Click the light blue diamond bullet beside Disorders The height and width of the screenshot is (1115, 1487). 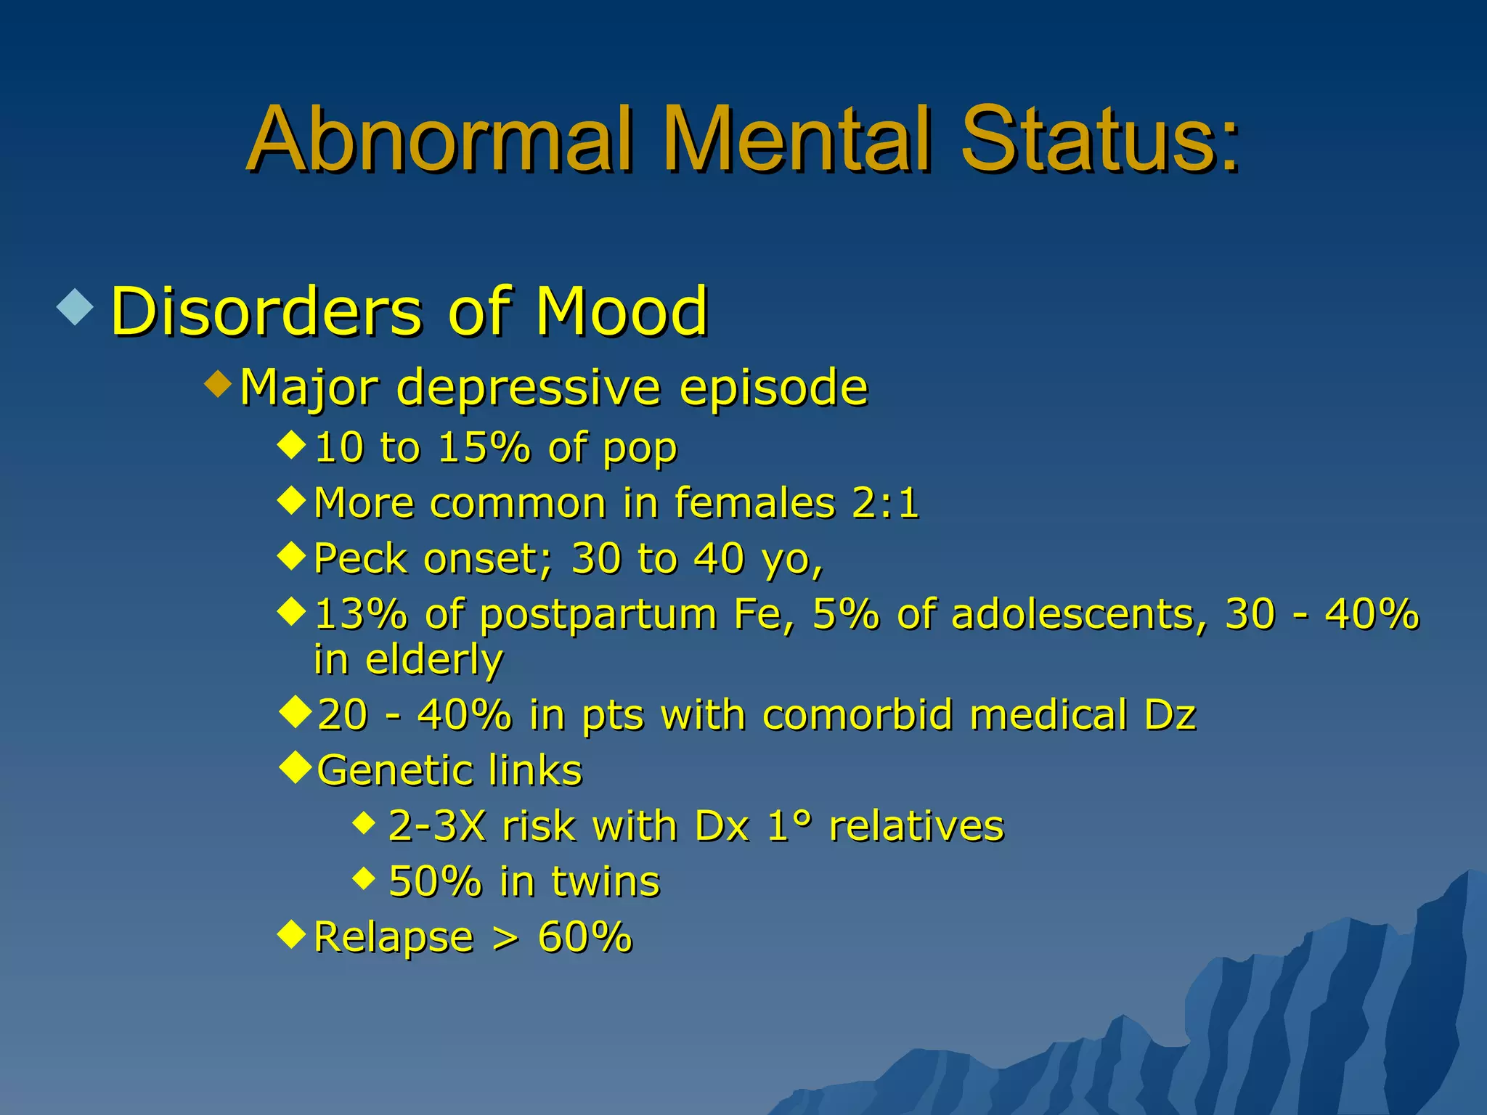click(x=76, y=306)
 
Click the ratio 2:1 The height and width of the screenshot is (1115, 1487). click(x=885, y=502)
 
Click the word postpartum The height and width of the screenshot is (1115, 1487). click(x=598, y=615)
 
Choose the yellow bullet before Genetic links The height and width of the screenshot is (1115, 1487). click(x=295, y=767)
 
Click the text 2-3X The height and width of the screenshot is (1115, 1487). click(x=436, y=825)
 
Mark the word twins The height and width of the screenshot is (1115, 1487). click(x=605, y=881)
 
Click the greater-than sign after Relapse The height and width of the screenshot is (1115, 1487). click(x=505, y=937)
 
